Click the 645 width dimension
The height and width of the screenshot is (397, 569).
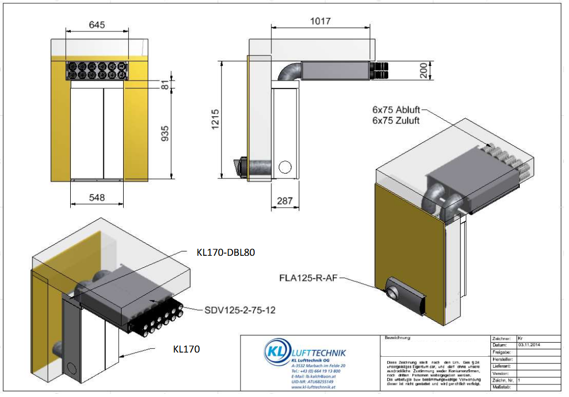point(97,25)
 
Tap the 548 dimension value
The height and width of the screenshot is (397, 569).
point(97,198)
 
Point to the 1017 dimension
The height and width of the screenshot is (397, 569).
point(320,20)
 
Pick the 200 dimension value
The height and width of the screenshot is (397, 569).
point(423,70)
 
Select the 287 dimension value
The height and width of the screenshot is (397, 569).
point(284,201)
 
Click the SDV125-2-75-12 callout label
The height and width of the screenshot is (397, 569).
point(240,310)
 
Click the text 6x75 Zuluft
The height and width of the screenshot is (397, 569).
point(396,121)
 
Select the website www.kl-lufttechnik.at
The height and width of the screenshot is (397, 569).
point(313,387)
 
